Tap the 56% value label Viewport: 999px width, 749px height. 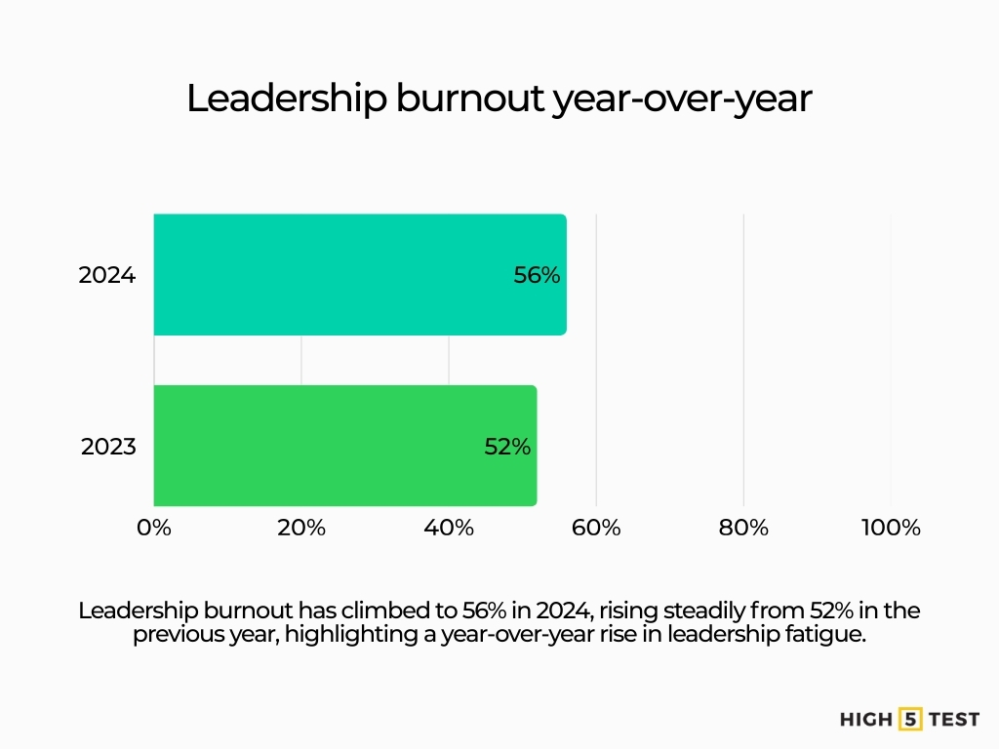537,275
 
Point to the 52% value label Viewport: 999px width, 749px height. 507,447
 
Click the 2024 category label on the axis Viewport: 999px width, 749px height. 107,275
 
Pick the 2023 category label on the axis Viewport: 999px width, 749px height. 108,447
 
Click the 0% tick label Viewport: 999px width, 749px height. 154,528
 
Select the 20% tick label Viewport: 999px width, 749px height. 301,528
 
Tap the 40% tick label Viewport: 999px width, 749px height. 449,528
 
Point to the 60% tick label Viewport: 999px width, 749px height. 596,528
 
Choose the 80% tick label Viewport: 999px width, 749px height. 743,528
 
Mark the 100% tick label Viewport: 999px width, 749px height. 891,528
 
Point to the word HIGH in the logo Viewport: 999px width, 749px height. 866,720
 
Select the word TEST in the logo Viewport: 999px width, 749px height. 954,720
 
